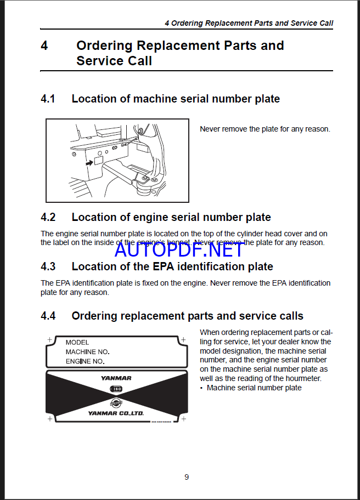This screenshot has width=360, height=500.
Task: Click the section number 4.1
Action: click(48, 99)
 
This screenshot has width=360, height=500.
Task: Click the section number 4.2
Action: click(48, 218)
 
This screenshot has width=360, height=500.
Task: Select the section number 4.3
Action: click(48, 267)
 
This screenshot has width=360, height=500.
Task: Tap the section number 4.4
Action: click(48, 316)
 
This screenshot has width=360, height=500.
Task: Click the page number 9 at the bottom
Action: click(187, 477)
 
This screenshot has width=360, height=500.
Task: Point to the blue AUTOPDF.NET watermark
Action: click(179, 249)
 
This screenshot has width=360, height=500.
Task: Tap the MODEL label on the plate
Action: click(77, 342)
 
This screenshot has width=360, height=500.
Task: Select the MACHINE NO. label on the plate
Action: click(88, 352)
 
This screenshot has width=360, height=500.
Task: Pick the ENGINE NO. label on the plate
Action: click(85, 362)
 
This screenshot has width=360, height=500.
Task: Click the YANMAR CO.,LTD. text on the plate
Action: click(116, 414)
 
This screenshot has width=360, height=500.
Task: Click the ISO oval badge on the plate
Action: click(116, 389)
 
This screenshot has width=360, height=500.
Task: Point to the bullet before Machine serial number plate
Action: click(201, 388)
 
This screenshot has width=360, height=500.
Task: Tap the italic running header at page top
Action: click(249, 24)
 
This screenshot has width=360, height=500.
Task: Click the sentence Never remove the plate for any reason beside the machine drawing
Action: click(265, 129)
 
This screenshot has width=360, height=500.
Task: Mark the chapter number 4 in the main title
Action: click(44, 46)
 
